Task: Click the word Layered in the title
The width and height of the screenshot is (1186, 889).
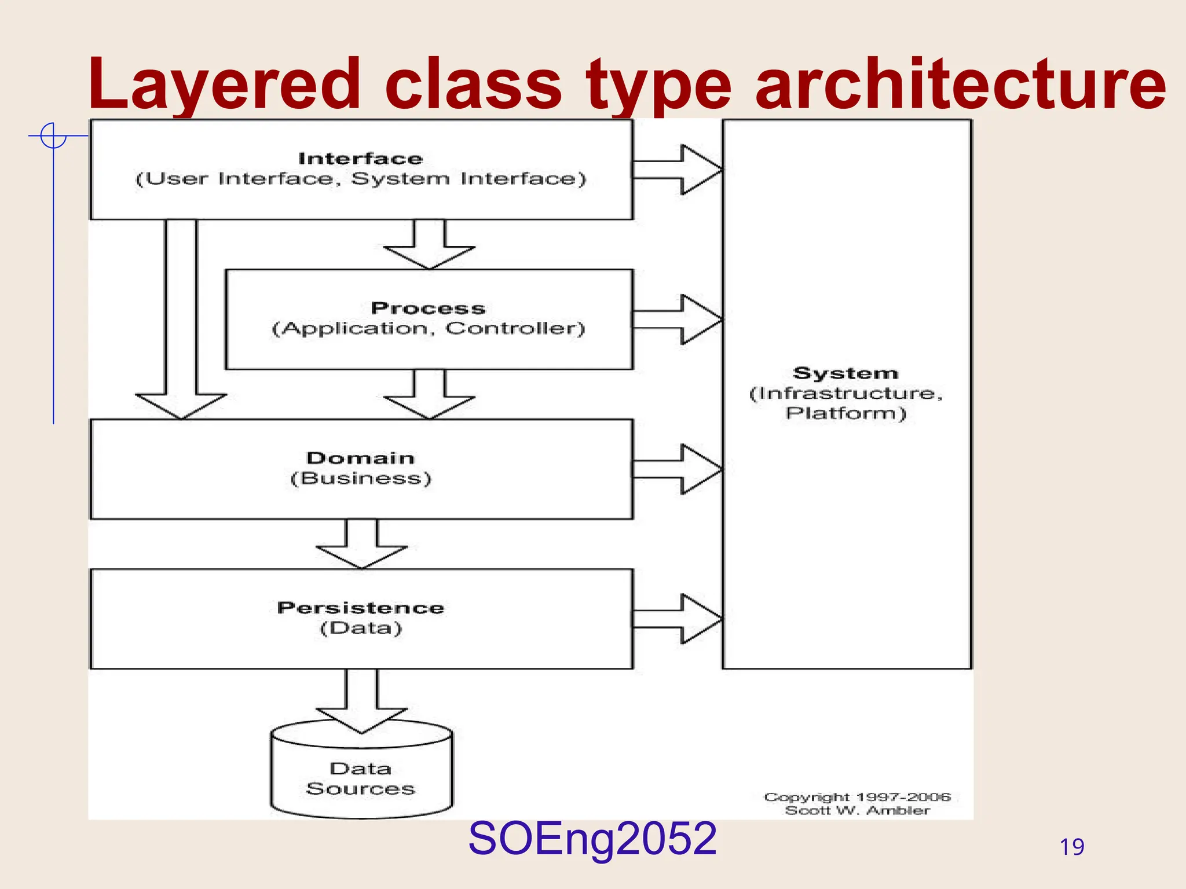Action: (x=224, y=86)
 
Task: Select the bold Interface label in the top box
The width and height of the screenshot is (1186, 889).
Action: (x=360, y=159)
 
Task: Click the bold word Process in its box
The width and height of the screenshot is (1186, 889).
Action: (x=428, y=308)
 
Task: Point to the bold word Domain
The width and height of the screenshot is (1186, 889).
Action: (x=360, y=458)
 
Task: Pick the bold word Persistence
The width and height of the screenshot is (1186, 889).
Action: (x=360, y=608)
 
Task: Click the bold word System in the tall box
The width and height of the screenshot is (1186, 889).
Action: (x=845, y=373)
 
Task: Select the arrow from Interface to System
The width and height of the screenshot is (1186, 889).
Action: (x=678, y=170)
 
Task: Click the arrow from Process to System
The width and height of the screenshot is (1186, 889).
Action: (x=678, y=319)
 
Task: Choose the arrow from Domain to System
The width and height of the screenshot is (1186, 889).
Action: (x=678, y=469)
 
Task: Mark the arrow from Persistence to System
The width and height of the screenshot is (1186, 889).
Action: (x=678, y=619)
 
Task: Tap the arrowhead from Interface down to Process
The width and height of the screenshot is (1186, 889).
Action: (x=429, y=255)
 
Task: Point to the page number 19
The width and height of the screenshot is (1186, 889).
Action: (x=1071, y=847)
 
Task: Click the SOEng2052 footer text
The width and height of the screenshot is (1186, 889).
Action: (x=592, y=839)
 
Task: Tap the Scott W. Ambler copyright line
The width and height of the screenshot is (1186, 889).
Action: (x=857, y=811)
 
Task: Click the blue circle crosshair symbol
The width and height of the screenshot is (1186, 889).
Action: (x=53, y=136)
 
